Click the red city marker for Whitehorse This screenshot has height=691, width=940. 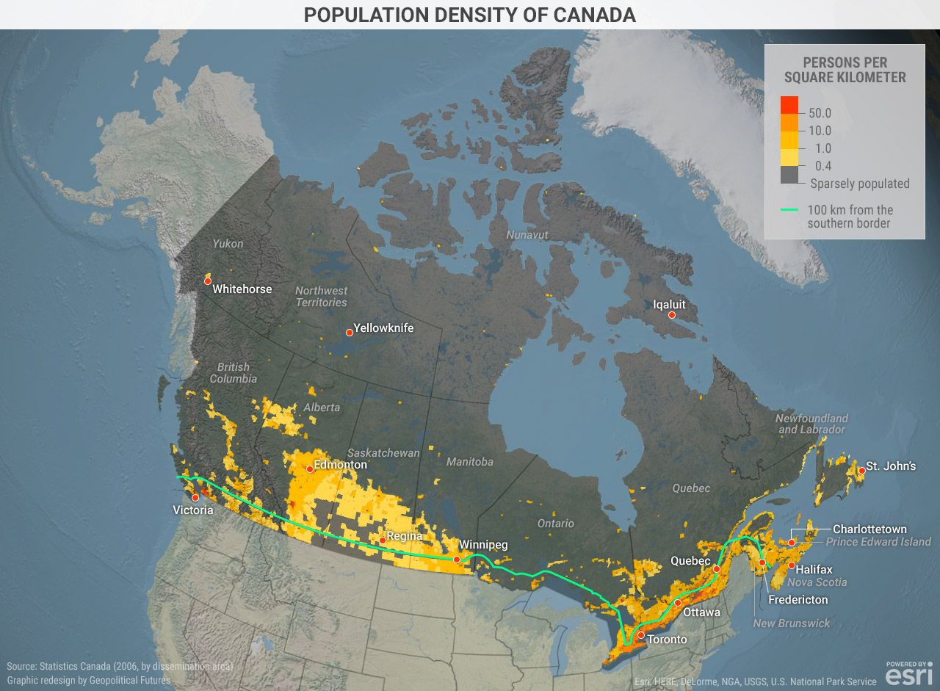click(x=208, y=281)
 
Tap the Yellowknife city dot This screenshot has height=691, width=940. click(x=349, y=333)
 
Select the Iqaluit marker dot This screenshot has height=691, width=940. click(x=671, y=314)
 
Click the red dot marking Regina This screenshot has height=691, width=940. click(x=382, y=540)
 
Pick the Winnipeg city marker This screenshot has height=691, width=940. click(x=457, y=560)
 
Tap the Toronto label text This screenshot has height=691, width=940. click(x=667, y=640)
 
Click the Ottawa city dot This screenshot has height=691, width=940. click(x=678, y=603)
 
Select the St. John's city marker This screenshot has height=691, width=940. click(x=861, y=470)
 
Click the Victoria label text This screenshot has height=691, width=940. click(x=192, y=510)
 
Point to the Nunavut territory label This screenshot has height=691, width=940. click(x=527, y=235)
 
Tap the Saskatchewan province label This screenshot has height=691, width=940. click(x=383, y=452)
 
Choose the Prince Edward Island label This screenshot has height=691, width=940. click(x=878, y=542)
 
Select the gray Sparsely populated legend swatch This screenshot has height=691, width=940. click(x=789, y=175)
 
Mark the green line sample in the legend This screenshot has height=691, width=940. click(x=789, y=210)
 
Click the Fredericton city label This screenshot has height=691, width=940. click(x=798, y=600)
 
